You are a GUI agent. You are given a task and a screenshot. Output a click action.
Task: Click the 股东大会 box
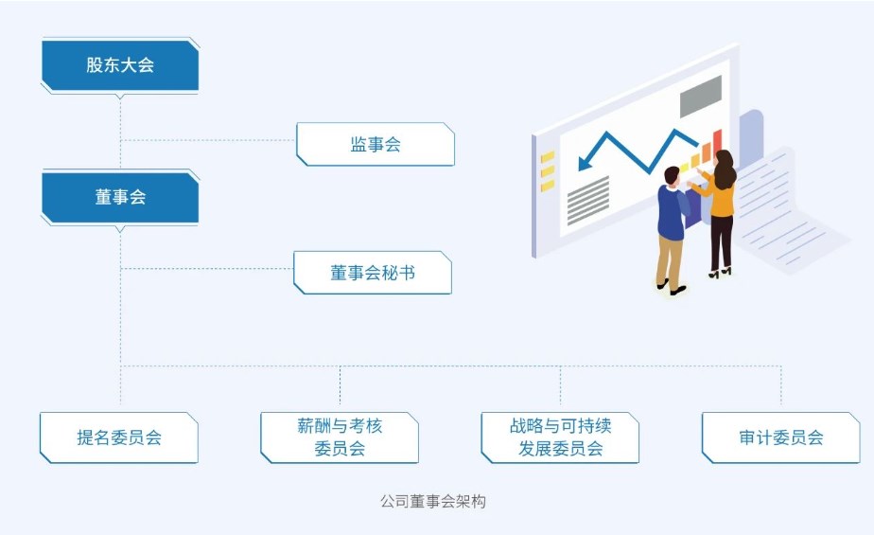[120, 65]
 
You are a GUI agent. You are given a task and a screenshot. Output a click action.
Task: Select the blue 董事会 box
[120, 197]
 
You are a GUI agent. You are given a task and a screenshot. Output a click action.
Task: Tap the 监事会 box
[376, 144]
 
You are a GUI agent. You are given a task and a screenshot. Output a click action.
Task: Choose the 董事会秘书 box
[373, 273]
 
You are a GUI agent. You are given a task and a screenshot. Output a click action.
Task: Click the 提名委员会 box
[119, 437]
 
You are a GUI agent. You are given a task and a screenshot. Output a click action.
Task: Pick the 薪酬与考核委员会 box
[340, 437]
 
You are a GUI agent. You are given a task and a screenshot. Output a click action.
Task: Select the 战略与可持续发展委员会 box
[560, 437]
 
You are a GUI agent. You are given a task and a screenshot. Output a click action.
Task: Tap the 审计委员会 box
[781, 437]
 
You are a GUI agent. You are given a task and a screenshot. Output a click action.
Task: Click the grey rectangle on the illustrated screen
[700, 96]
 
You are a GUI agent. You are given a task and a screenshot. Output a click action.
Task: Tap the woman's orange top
[721, 198]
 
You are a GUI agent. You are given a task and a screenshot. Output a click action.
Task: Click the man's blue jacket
[672, 212]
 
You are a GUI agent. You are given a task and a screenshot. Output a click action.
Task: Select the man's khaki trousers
[670, 259]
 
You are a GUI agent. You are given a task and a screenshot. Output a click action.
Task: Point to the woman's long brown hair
[725, 171]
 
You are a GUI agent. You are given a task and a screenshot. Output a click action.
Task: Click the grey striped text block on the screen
[588, 199]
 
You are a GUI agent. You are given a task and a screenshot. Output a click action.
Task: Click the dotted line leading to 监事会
[208, 140]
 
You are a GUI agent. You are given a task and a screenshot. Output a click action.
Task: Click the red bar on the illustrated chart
[717, 141]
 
